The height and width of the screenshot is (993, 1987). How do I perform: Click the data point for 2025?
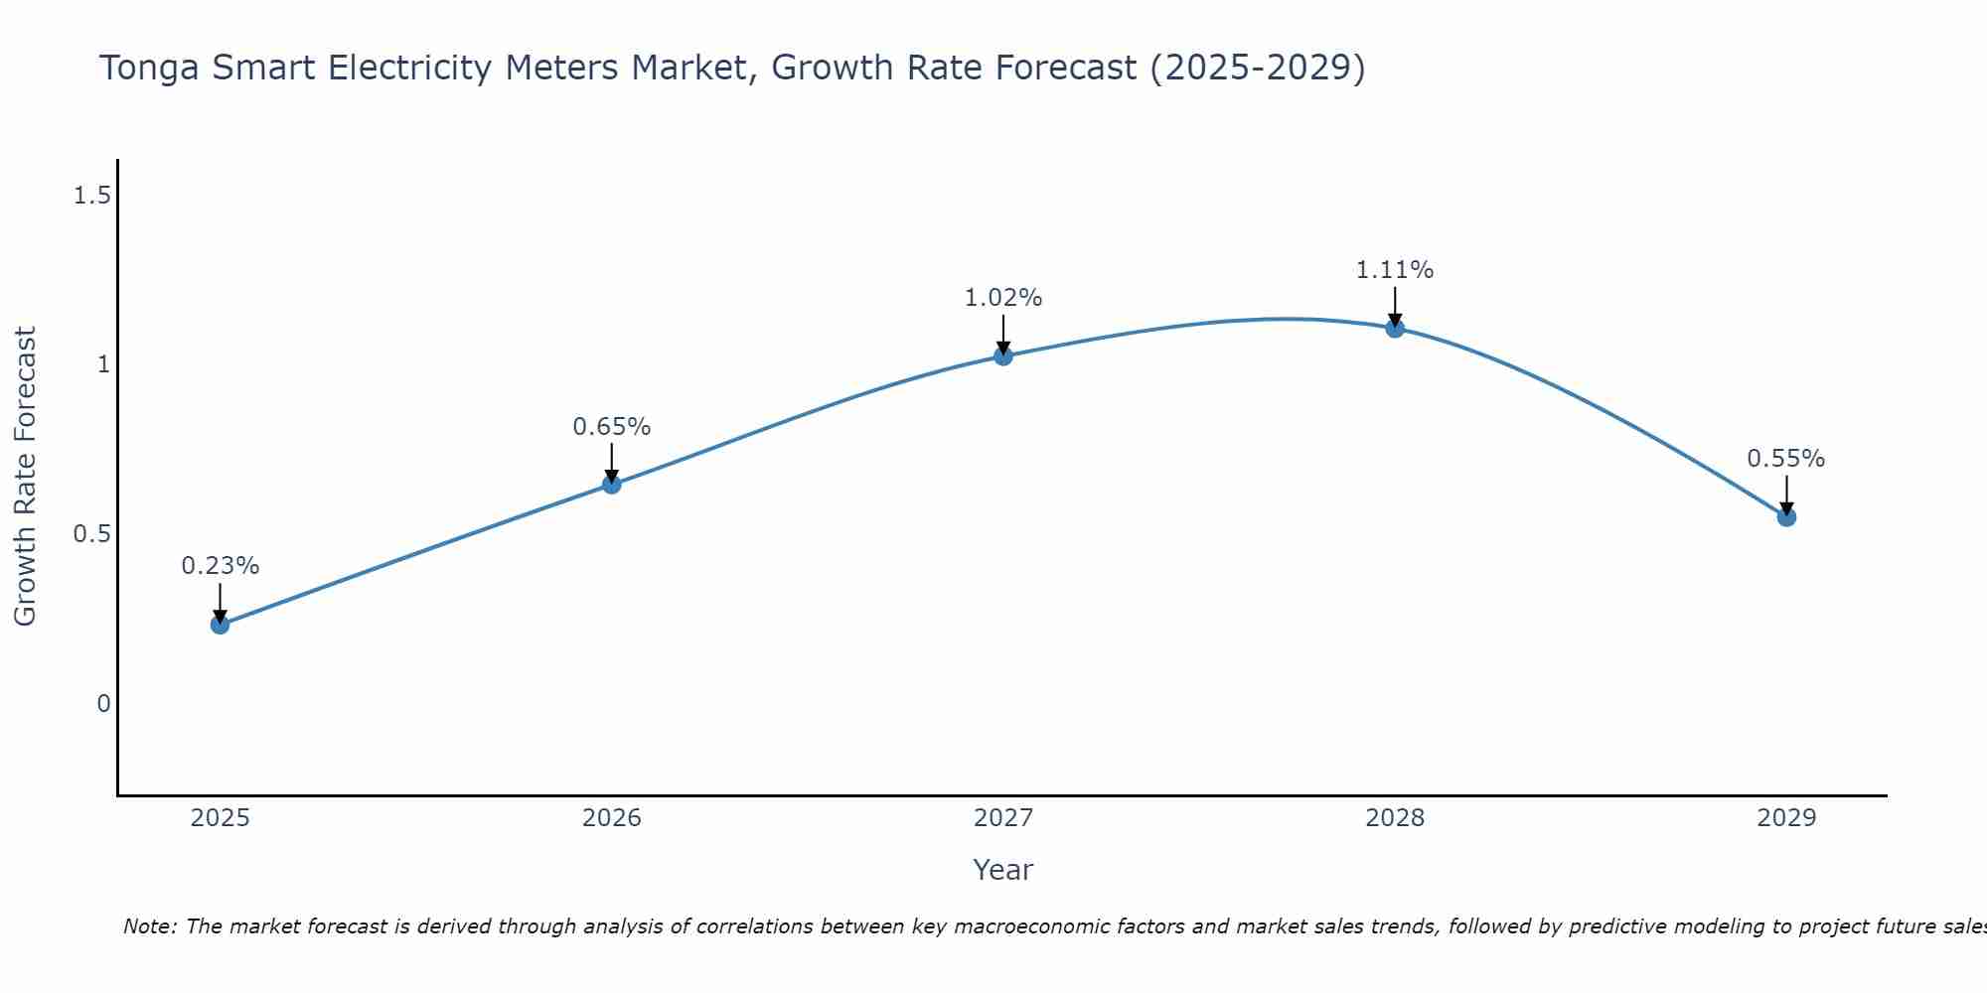[x=220, y=625]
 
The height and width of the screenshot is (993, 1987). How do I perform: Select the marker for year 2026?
[x=612, y=485]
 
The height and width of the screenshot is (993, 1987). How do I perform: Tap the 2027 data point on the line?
[x=1003, y=356]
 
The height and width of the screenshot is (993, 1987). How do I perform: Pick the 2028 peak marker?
[x=1395, y=328]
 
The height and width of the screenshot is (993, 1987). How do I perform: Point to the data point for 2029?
[x=1786, y=516]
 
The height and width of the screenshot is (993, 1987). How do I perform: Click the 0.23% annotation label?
[x=220, y=566]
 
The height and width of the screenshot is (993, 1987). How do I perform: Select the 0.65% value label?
[x=612, y=427]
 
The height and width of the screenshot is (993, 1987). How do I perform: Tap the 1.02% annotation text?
[x=1003, y=298]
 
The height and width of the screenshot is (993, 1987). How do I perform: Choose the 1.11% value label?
[x=1395, y=270]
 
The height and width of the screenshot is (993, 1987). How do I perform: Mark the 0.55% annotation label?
[x=1786, y=459]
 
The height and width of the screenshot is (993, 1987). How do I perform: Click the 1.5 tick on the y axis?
[x=91, y=196]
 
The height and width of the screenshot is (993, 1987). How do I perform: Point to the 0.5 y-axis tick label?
[x=91, y=534]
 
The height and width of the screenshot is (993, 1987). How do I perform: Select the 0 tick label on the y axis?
[x=103, y=704]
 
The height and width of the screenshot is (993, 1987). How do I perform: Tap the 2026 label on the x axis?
[x=612, y=818]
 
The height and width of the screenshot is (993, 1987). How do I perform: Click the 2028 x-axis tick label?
[x=1395, y=818]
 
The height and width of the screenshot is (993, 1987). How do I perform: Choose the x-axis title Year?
[x=1003, y=870]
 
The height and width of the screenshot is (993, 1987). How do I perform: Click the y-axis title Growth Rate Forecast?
[x=25, y=477]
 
